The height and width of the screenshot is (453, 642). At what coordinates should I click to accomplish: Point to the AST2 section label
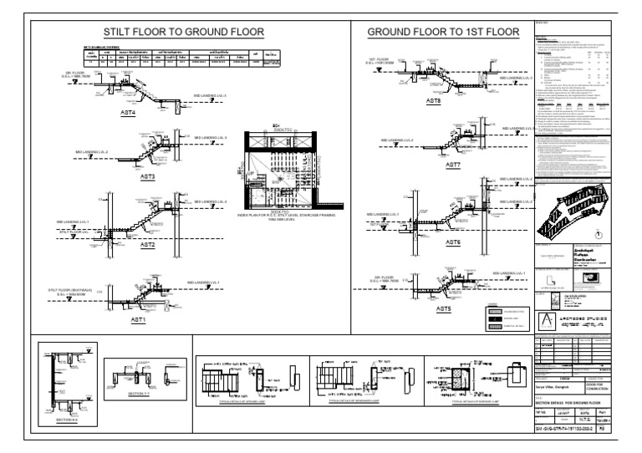pyautogui.click(x=147, y=246)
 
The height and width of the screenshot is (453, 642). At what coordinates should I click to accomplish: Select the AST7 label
pyautogui.click(x=452, y=165)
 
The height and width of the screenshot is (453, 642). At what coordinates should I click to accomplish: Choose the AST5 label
pyautogui.click(x=442, y=310)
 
